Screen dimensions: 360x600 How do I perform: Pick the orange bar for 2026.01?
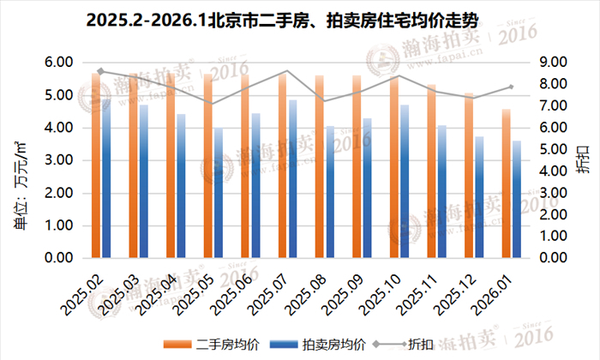506,183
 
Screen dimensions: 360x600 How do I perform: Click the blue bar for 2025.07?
293,179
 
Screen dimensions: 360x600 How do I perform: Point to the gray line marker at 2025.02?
101,71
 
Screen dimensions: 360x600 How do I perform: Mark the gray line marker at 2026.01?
511,87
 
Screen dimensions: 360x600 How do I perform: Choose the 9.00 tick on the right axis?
549,63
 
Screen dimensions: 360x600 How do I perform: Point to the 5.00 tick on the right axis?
549,149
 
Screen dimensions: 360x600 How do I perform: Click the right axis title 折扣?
584,160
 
